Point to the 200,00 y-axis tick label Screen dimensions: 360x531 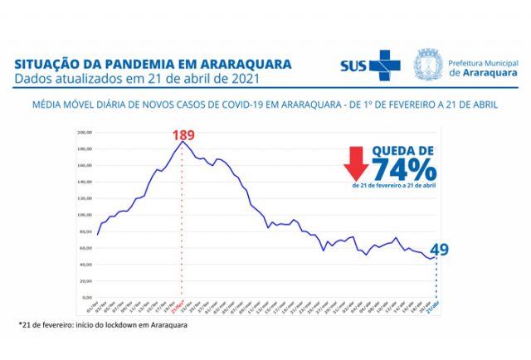pyautogui.click(x=84, y=133)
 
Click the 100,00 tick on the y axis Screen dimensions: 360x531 pyautogui.click(x=84, y=215)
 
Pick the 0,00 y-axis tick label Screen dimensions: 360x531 pyautogui.click(x=86, y=296)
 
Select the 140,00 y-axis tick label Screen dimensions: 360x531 pyautogui.click(x=84, y=182)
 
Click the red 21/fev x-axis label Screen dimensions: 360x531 pyautogui.click(x=182, y=306)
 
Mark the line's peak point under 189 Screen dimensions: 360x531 pyautogui.click(x=183, y=142)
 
